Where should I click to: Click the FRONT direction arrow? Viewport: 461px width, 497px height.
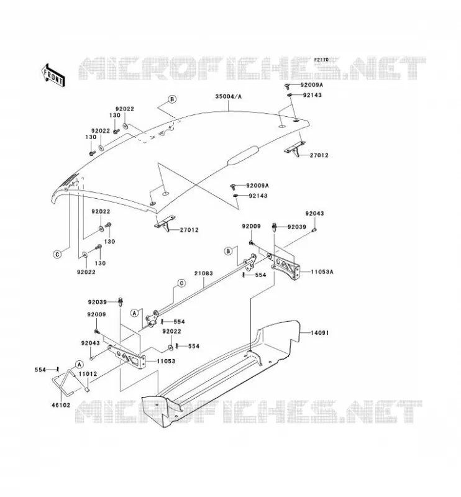[x=53, y=75]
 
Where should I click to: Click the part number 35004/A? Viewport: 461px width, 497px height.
[x=228, y=96]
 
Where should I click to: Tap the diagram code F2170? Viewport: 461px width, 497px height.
[x=321, y=60]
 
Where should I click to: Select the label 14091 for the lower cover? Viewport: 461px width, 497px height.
[x=319, y=333]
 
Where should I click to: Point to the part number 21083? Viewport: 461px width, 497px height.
[x=204, y=273]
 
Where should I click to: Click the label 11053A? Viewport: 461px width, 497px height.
[x=322, y=271]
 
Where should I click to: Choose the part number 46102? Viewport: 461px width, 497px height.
[x=60, y=405]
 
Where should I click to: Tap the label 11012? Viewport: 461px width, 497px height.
[x=88, y=374]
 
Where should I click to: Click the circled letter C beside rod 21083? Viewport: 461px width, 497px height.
[x=181, y=283]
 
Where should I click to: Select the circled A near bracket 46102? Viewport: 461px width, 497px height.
[x=79, y=364]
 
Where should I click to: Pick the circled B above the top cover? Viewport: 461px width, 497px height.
[x=172, y=99]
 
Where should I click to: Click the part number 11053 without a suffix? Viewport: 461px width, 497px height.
[x=166, y=361]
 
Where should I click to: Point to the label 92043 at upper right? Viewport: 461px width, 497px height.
[x=314, y=214]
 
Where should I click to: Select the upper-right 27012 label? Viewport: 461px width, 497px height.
[x=319, y=155]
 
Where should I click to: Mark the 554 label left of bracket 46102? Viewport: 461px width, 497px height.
[x=40, y=370]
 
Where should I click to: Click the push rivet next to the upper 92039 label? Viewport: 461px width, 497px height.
[x=274, y=227]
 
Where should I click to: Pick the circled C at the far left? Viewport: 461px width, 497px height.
[x=57, y=254]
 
